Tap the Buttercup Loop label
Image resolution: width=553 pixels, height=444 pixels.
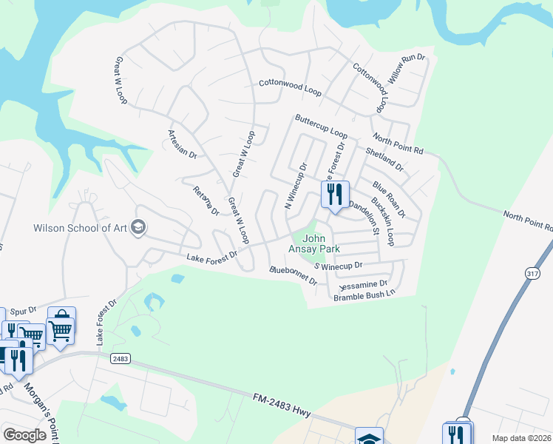[321, 126]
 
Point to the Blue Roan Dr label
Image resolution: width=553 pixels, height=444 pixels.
[389, 200]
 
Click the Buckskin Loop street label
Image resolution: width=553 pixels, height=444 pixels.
[382, 221]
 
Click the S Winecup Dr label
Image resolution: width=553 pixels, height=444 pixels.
[339, 265]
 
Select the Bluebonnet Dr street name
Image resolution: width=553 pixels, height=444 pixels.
[294, 276]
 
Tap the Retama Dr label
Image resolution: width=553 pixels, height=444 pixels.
[206, 200]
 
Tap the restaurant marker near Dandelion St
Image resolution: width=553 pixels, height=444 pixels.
[335, 195]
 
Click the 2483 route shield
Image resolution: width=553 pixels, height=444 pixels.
[121, 358]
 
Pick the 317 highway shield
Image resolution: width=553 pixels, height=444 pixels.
[532, 274]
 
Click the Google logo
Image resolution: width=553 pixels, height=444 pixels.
[25, 436]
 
